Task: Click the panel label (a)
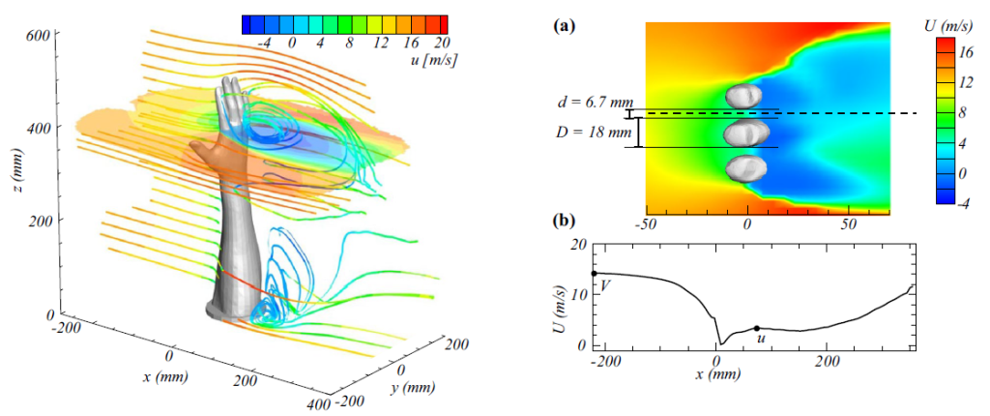pyautogui.click(x=564, y=25)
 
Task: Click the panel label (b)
pyautogui.click(x=564, y=221)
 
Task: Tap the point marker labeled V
pyautogui.click(x=594, y=274)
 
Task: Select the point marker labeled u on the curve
pyautogui.click(x=757, y=329)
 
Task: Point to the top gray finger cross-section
pyautogui.click(x=745, y=95)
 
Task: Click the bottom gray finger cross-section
pyautogui.click(x=745, y=167)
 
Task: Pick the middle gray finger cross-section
pyautogui.click(x=745, y=132)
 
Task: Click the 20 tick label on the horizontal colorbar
pyautogui.click(x=442, y=44)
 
